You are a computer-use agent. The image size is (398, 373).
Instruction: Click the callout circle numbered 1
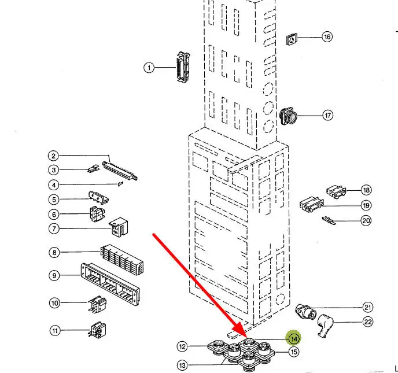point(149,68)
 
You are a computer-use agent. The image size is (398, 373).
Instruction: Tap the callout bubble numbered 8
point(54,252)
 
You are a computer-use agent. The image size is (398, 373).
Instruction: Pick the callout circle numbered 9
point(54,276)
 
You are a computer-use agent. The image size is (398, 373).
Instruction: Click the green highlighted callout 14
point(294,339)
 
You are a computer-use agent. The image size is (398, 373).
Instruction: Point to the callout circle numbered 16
point(327,37)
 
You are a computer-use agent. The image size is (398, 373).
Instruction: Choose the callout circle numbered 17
point(328,115)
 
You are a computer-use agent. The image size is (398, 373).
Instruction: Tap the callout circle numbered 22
point(367,322)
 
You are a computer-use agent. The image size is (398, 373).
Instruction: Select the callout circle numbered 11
point(54,331)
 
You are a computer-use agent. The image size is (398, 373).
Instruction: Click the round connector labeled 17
point(289,116)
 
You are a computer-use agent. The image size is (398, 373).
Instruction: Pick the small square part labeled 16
point(292,39)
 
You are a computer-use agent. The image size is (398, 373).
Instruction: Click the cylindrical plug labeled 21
point(305,311)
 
